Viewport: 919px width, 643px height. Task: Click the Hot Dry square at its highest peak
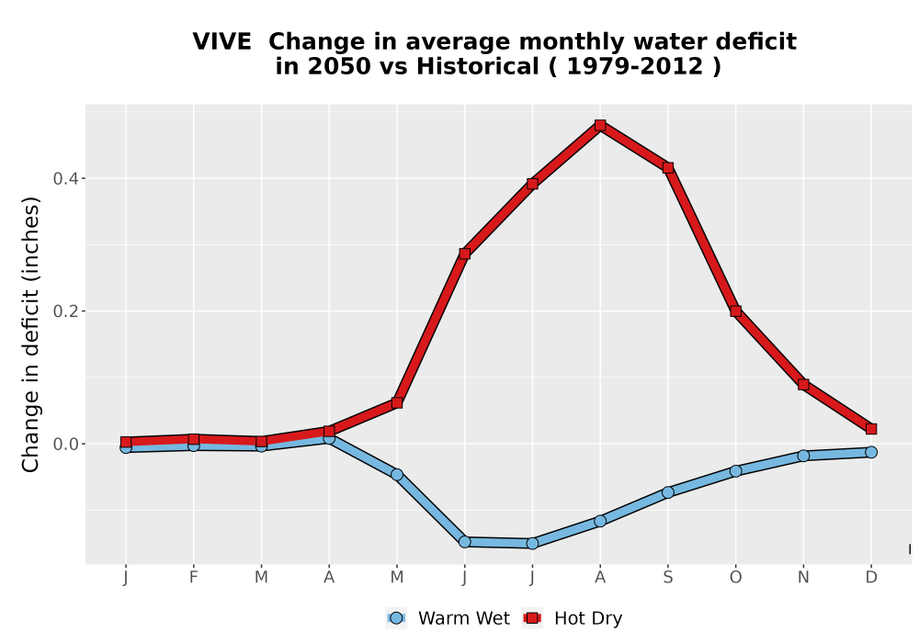[x=599, y=125]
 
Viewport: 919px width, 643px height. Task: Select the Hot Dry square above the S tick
[x=667, y=168]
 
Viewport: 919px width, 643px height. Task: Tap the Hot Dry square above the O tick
[x=735, y=311]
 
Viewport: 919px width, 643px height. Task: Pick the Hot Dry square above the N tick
[x=803, y=385]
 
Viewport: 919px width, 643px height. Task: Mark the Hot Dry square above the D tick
[x=871, y=429]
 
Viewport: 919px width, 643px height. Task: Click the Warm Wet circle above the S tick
[x=667, y=492]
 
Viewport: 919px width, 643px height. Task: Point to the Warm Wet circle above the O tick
[x=735, y=471]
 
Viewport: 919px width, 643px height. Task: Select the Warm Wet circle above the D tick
[x=871, y=452]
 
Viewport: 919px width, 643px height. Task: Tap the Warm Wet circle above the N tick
[x=803, y=456]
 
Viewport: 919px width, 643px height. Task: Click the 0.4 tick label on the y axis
[x=65, y=178]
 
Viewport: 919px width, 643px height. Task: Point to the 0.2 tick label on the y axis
[x=65, y=311]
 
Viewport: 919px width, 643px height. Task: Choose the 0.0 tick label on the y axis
[x=65, y=444]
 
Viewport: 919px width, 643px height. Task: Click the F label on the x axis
[x=193, y=578]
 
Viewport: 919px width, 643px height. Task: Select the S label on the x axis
[x=667, y=578]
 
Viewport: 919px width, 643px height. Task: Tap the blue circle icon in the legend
[x=396, y=618]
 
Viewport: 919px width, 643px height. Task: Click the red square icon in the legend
[x=532, y=618]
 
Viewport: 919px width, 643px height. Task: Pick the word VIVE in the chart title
[x=222, y=42]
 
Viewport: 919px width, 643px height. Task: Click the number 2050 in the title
[x=339, y=67]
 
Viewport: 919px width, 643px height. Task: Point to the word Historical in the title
[x=478, y=67]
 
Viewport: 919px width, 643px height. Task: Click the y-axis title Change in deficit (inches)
[x=30, y=334]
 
